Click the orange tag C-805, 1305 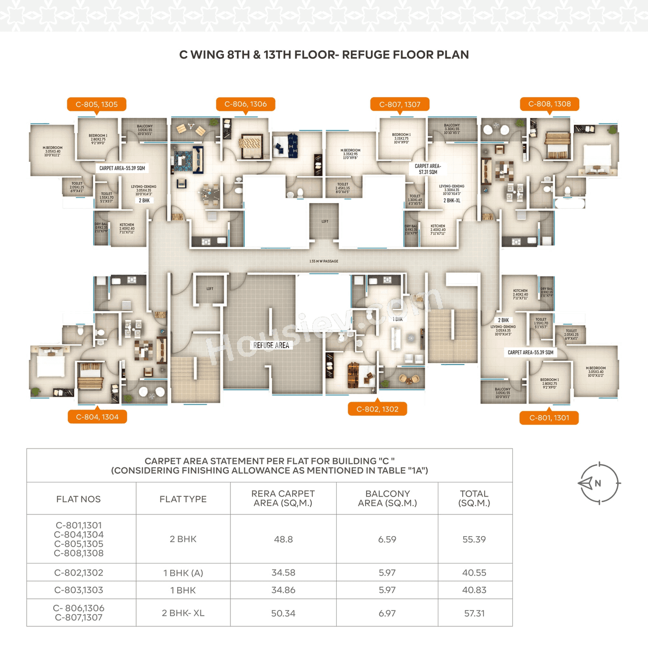[96, 104]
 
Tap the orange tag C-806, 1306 [246, 104]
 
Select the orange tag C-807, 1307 [400, 104]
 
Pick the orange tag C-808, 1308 [549, 104]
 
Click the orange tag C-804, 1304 [97, 417]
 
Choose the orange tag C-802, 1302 [377, 409]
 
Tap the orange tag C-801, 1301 [549, 418]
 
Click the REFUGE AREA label [271, 345]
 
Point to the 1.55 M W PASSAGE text [324, 261]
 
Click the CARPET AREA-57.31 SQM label [428, 169]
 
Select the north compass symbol [599, 483]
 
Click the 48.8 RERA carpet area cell [283, 539]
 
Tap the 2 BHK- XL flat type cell [183, 613]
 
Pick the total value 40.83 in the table [474, 590]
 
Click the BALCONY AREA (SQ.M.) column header [387, 498]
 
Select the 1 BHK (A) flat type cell [183, 573]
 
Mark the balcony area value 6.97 [387, 613]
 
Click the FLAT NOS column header [78, 499]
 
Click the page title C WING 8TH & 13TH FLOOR [324, 55]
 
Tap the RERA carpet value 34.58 [283, 573]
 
